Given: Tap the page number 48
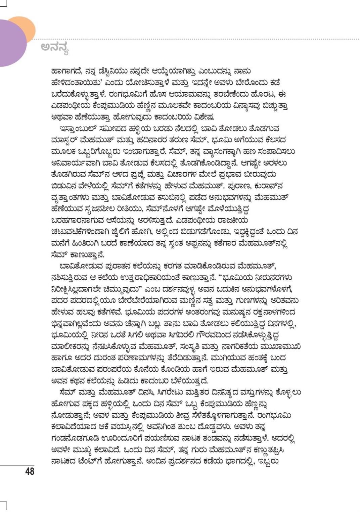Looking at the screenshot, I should pos(30,471).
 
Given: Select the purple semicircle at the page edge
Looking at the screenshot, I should pos(12,44).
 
